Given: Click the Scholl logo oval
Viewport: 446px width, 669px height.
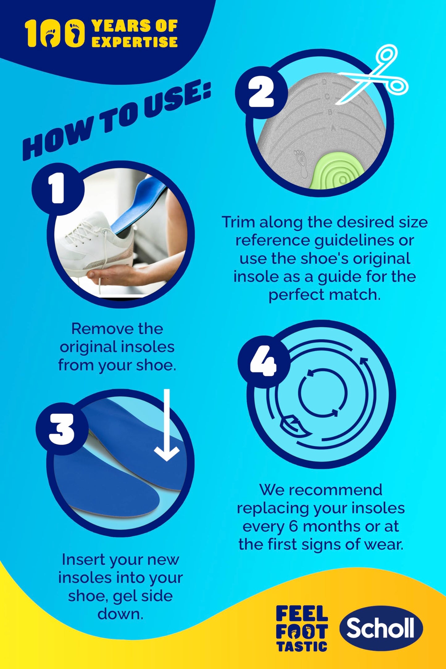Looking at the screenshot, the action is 381,628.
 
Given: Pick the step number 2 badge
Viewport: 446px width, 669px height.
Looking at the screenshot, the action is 261,92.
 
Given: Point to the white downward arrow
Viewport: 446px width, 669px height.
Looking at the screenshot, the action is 167,425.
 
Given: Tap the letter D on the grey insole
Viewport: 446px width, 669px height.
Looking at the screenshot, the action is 324,82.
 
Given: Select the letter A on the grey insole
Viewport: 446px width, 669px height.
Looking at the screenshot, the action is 333,128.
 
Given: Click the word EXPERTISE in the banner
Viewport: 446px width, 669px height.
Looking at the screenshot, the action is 134,42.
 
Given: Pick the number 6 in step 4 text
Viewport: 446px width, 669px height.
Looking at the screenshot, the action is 294,526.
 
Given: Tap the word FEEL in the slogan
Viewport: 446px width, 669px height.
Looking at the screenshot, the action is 302,613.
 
